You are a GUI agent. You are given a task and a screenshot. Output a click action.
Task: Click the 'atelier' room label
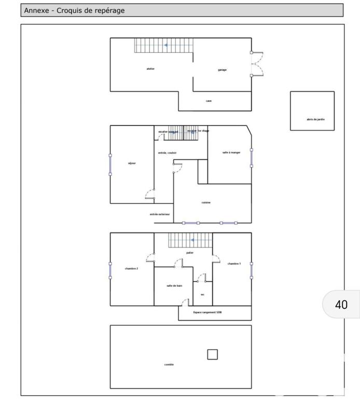pos(150,69)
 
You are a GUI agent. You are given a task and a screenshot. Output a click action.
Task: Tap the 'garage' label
pos(222,70)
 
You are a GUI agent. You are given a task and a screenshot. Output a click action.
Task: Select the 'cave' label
pos(209,101)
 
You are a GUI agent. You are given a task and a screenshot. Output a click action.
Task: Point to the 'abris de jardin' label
pos(312,119)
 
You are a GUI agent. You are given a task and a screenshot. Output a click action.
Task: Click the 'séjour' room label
pos(132,163)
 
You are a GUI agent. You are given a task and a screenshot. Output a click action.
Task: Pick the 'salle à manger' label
pos(231,153)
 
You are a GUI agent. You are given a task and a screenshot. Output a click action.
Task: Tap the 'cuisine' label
pos(206,203)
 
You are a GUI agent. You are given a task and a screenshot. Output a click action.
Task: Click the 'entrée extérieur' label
pos(160,214)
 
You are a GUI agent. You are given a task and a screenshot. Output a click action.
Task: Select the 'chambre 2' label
pos(131,268)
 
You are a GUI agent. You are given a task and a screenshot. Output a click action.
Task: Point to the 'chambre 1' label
pos(234,264)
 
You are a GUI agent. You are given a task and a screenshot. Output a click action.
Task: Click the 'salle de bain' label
pos(174,286)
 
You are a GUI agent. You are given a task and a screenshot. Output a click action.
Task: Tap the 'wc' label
pos(203,294)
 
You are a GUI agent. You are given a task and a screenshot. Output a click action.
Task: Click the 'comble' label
pos(169,365)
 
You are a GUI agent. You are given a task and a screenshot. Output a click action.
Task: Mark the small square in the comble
pos(212,354)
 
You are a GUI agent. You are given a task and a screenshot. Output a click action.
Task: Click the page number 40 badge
pos(341,305)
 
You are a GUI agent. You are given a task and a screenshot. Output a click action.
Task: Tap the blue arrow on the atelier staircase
pos(165,46)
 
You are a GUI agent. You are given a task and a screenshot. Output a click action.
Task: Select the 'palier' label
pos(190,252)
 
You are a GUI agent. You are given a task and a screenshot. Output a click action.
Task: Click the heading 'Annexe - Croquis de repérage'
pos(75,10)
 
